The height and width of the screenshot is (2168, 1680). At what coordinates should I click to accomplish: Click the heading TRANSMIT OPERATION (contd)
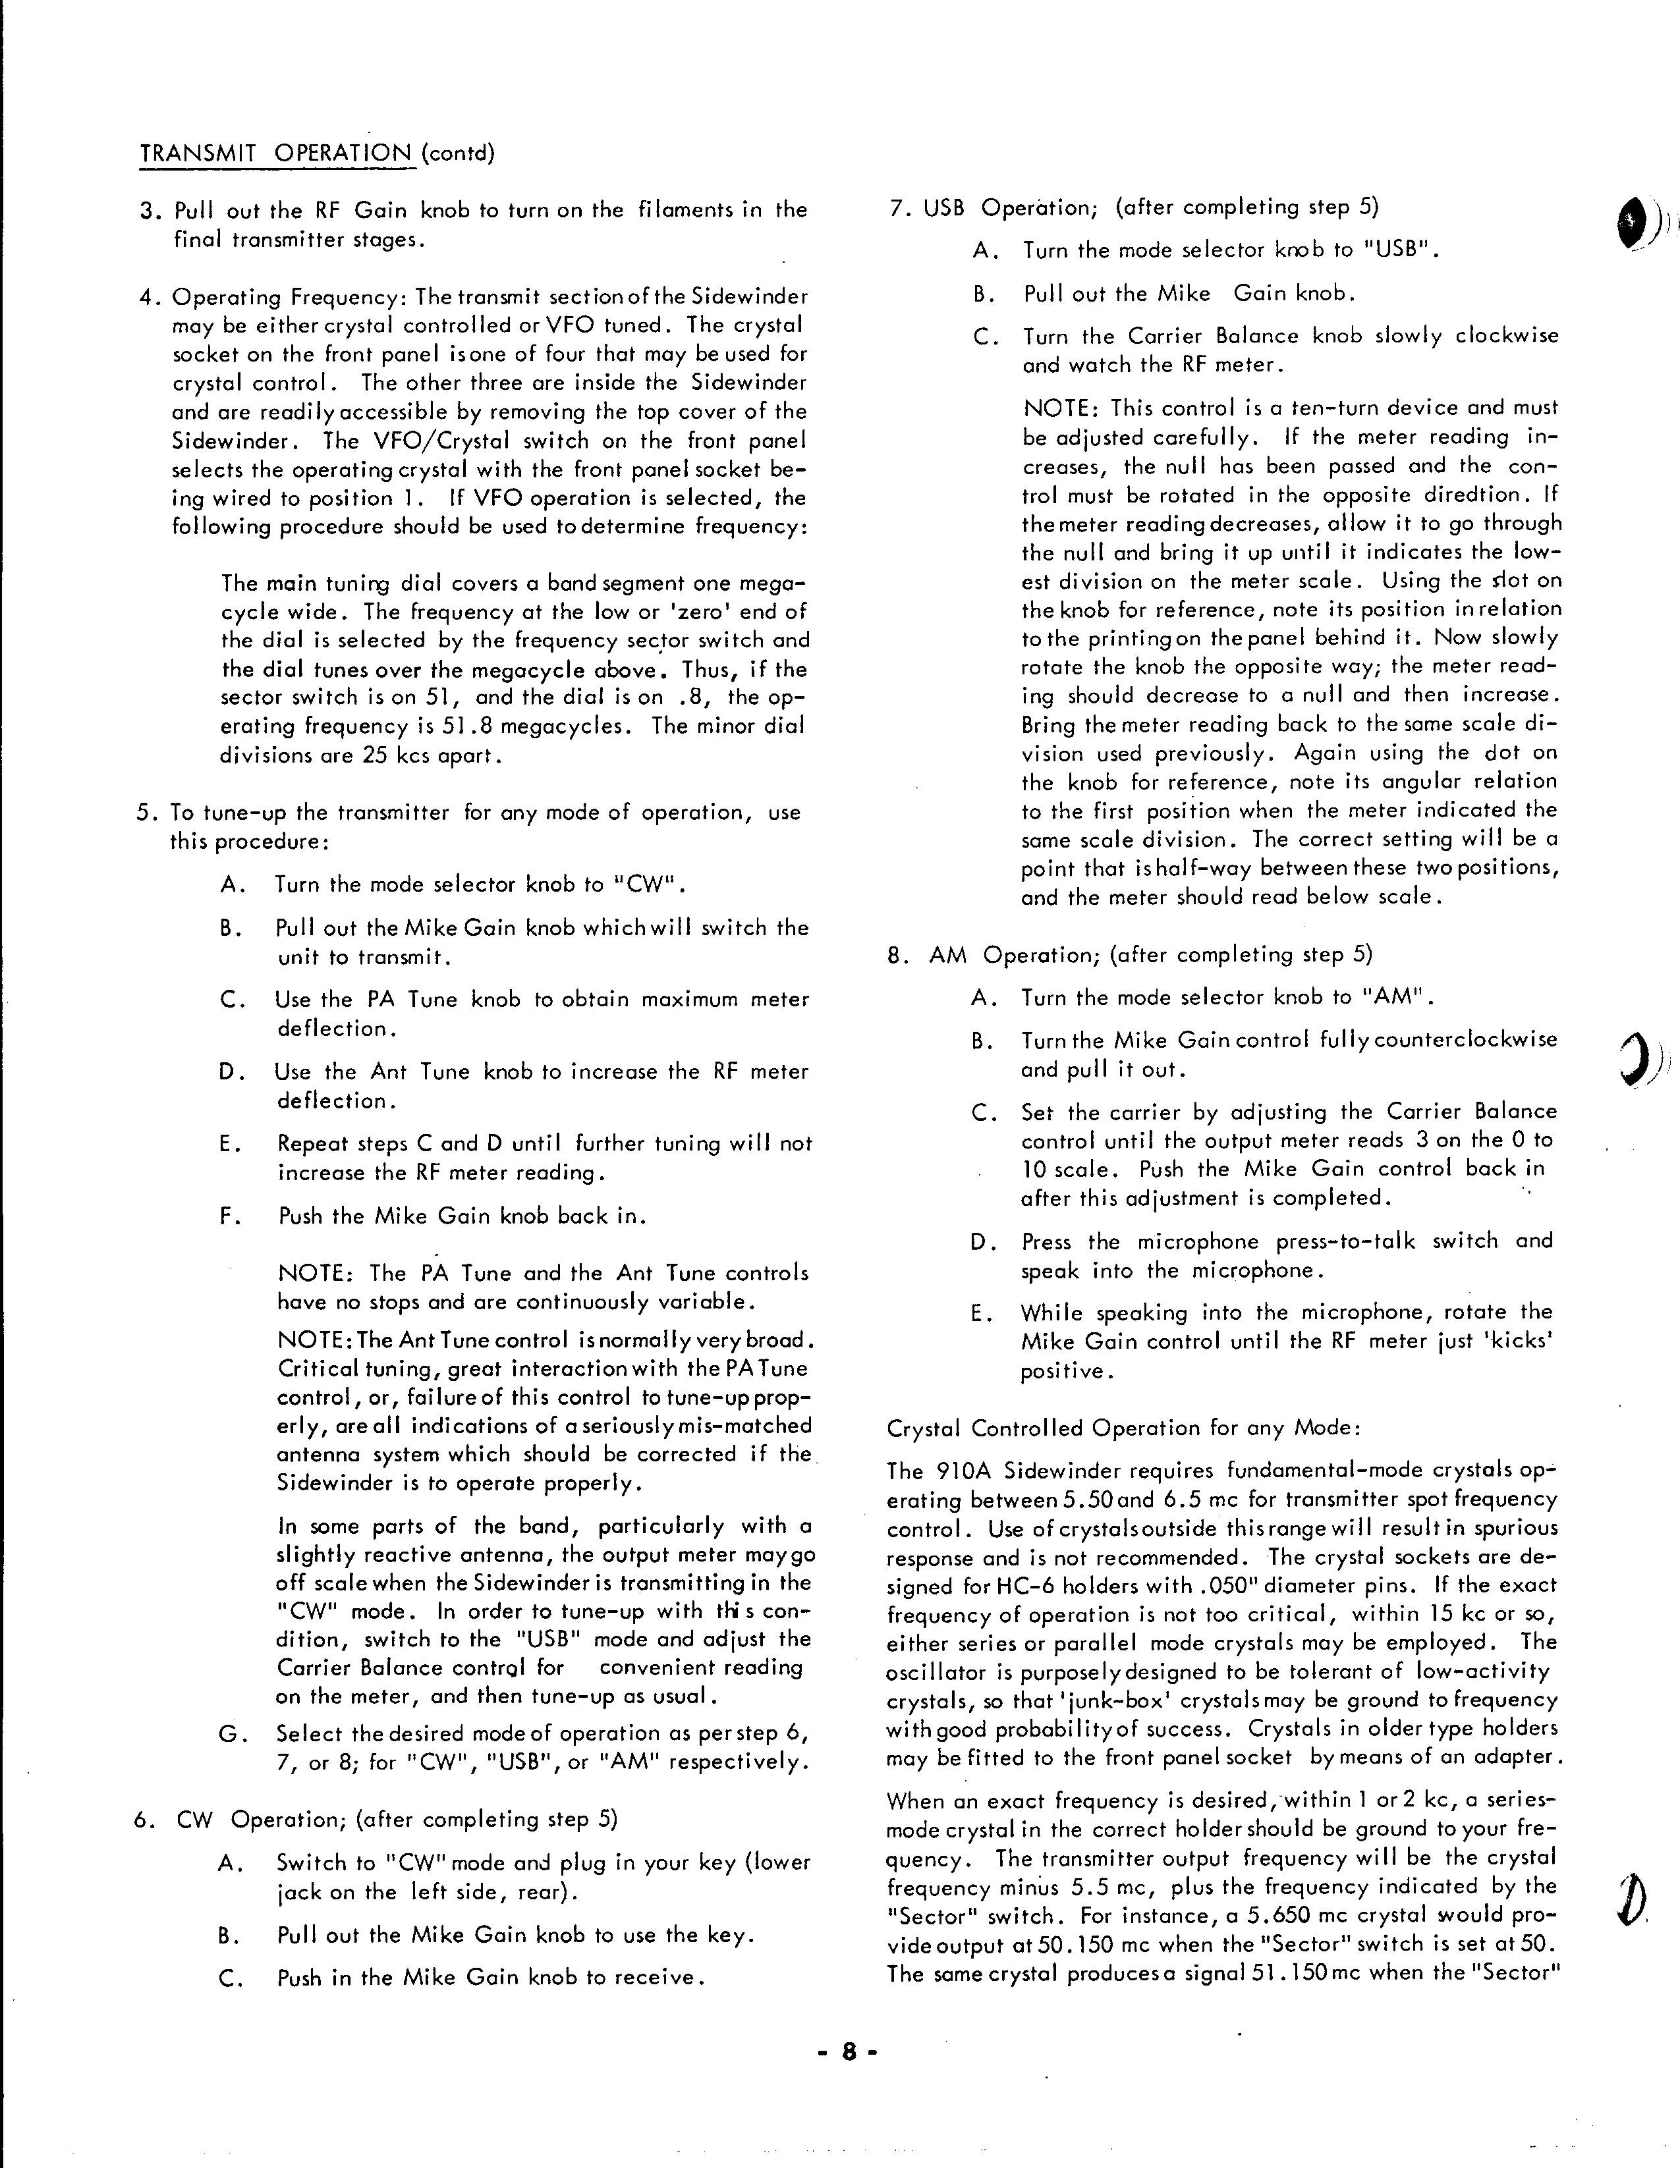click(317, 154)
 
